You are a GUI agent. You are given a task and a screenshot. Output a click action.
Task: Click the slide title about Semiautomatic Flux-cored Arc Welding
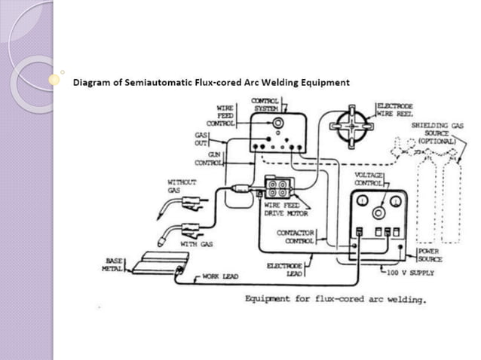pos(210,81)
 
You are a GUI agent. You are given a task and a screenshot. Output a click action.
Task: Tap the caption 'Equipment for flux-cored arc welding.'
pos(335,299)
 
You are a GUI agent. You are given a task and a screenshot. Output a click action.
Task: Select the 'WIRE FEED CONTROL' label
pos(225,115)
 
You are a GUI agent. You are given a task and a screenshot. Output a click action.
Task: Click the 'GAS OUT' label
pos(201,138)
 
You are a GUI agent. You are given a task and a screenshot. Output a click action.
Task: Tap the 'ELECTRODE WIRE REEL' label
pos(400,109)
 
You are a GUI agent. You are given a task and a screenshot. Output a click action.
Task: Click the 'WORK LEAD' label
pos(219,277)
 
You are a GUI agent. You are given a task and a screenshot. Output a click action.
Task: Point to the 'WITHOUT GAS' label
pos(181,186)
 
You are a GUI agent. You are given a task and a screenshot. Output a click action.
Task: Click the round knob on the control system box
pos(280,122)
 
